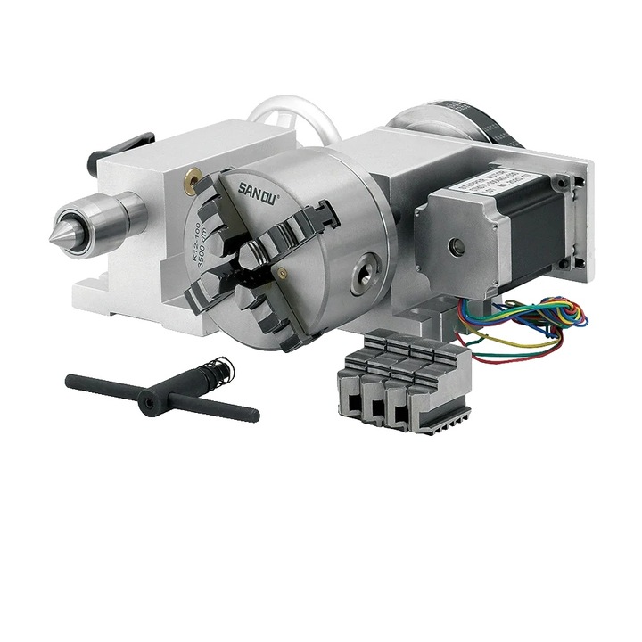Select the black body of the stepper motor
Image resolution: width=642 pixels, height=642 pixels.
point(526,236)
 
